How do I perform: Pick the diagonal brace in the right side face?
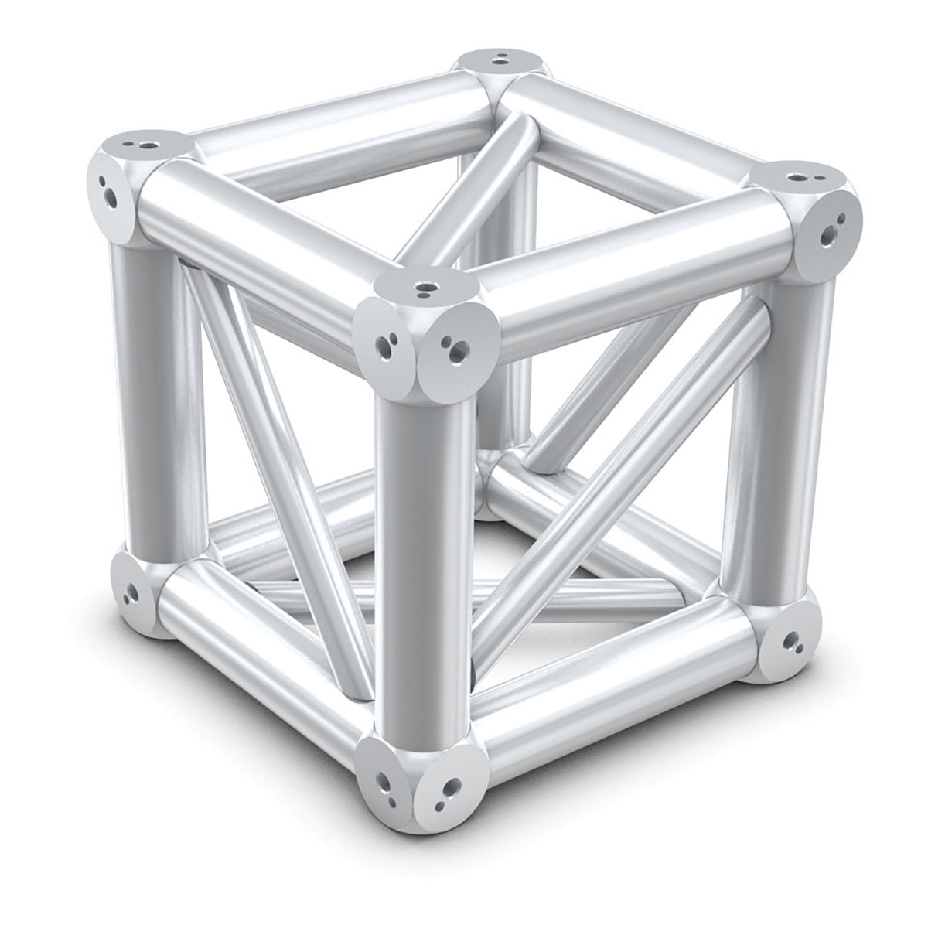pyautogui.click(x=611, y=495)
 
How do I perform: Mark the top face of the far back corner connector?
pyautogui.click(x=502, y=60)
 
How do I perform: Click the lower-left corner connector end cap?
pyautogui.click(x=131, y=592)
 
